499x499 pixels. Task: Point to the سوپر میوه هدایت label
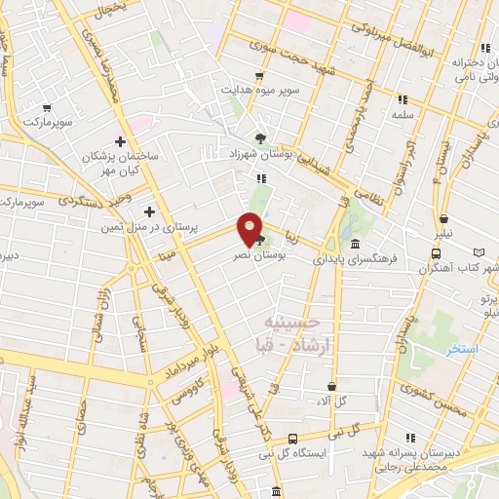coord(257,94)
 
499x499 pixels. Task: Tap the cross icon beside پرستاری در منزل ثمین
coord(149,211)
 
